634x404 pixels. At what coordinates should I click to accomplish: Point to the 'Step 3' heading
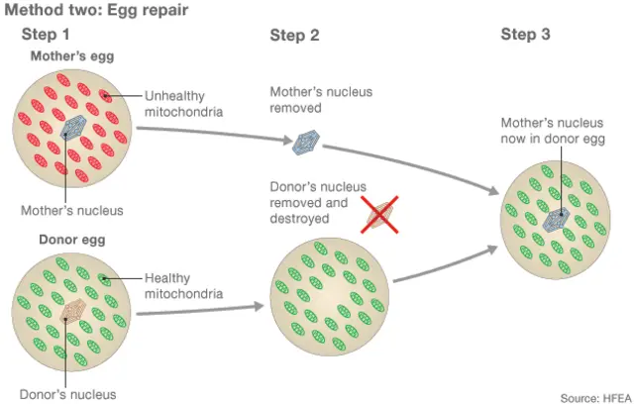[x=525, y=35]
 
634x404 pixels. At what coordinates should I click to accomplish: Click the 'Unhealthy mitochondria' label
[x=184, y=104]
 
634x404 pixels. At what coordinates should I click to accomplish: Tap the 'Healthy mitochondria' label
[x=183, y=285]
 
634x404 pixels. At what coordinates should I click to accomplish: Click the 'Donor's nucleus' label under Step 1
[x=68, y=393]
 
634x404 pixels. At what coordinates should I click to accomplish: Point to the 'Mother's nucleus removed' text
[x=321, y=100]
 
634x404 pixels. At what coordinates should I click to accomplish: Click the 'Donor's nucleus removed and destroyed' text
[x=318, y=202]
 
